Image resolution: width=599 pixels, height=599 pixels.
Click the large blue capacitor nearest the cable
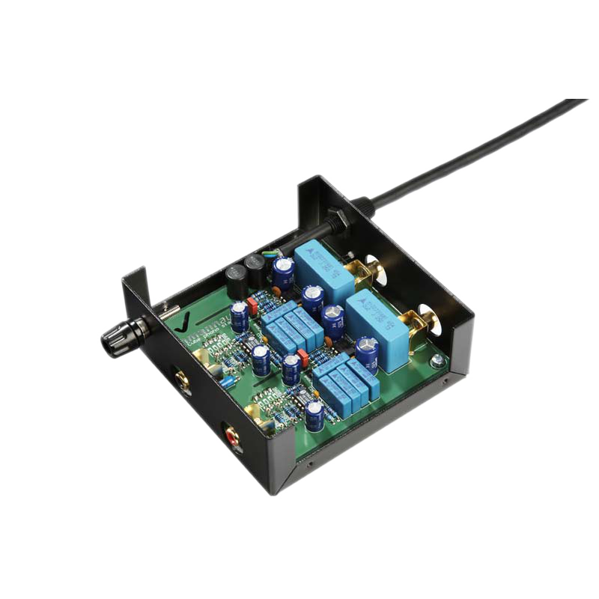pyautogui.click(x=320, y=263)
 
